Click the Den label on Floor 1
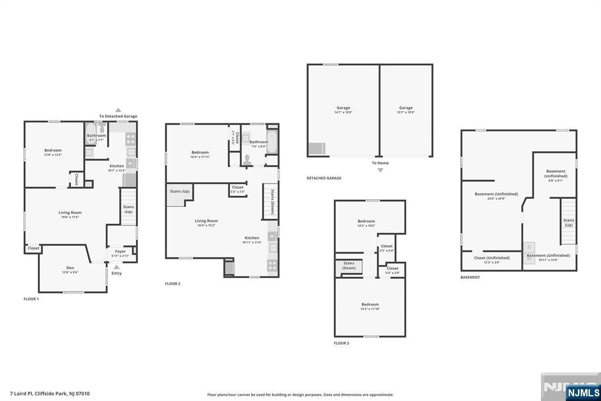tap(70, 268)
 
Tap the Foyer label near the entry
tap(120, 251)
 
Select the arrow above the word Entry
tap(116, 266)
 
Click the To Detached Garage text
tap(118, 116)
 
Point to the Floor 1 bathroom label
tap(96, 135)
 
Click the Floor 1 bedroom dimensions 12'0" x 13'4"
tap(53, 155)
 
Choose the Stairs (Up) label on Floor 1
tap(128, 209)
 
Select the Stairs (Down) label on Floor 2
tap(272, 203)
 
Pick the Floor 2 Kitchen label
tap(252, 238)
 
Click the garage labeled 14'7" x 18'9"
tap(343, 110)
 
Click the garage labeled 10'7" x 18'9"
tap(406, 110)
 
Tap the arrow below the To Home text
tap(380, 170)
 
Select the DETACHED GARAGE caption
tap(323, 178)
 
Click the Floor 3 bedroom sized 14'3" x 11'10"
tap(370, 306)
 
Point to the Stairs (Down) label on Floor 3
tap(349, 265)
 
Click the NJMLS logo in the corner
tap(582, 392)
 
